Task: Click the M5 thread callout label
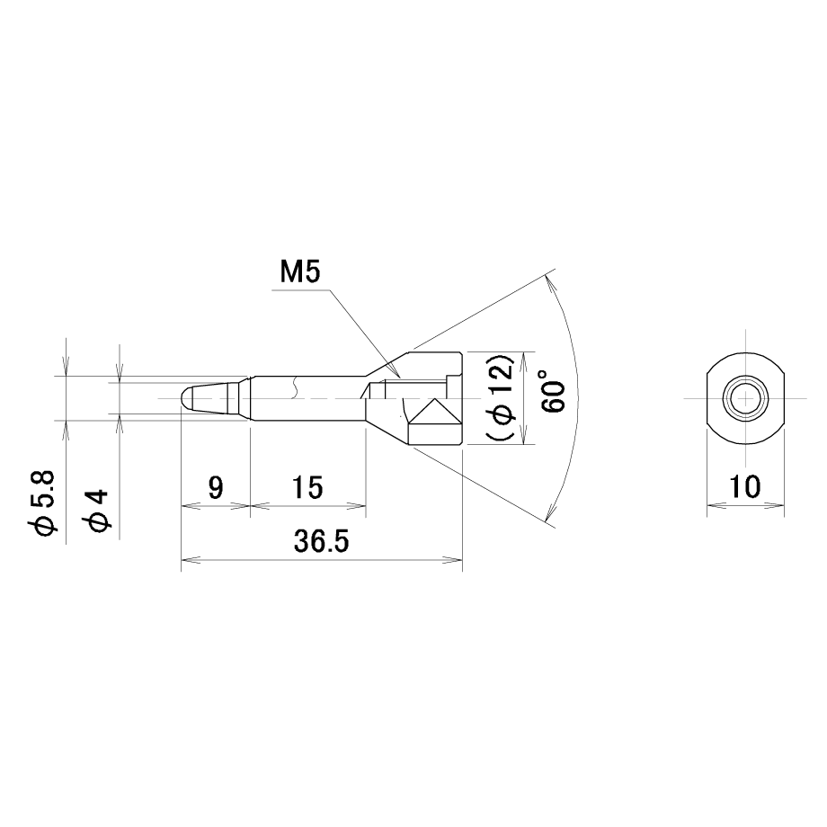click(300, 273)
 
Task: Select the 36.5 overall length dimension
click(321, 542)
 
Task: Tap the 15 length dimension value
click(307, 487)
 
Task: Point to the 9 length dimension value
click(216, 487)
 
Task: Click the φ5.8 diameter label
click(43, 503)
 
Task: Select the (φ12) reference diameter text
click(501, 397)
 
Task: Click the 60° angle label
click(552, 391)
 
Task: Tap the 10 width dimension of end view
click(744, 487)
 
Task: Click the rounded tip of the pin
click(184, 398)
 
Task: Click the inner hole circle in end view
click(745, 397)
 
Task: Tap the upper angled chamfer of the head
click(387, 364)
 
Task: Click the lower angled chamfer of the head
click(387, 432)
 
